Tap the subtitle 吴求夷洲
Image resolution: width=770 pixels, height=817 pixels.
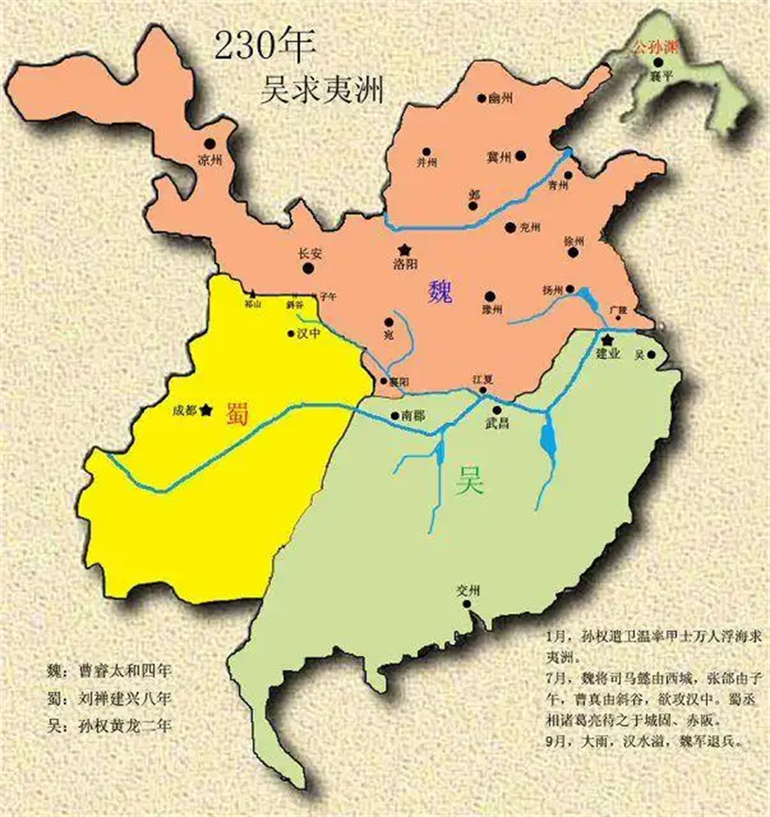click(x=321, y=89)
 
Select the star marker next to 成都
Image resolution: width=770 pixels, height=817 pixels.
click(x=205, y=411)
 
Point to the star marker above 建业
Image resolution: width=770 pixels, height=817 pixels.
click(x=606, y=340)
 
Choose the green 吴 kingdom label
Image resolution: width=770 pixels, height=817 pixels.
click(x=471, y=484)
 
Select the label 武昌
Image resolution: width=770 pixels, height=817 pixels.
click(x=496, y=423)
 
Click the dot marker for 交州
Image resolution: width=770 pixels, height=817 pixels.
click(x=470, y=604)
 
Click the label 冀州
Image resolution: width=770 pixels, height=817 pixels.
click(x=498, y=157)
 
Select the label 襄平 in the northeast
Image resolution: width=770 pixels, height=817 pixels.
click(x=657, y=75)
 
